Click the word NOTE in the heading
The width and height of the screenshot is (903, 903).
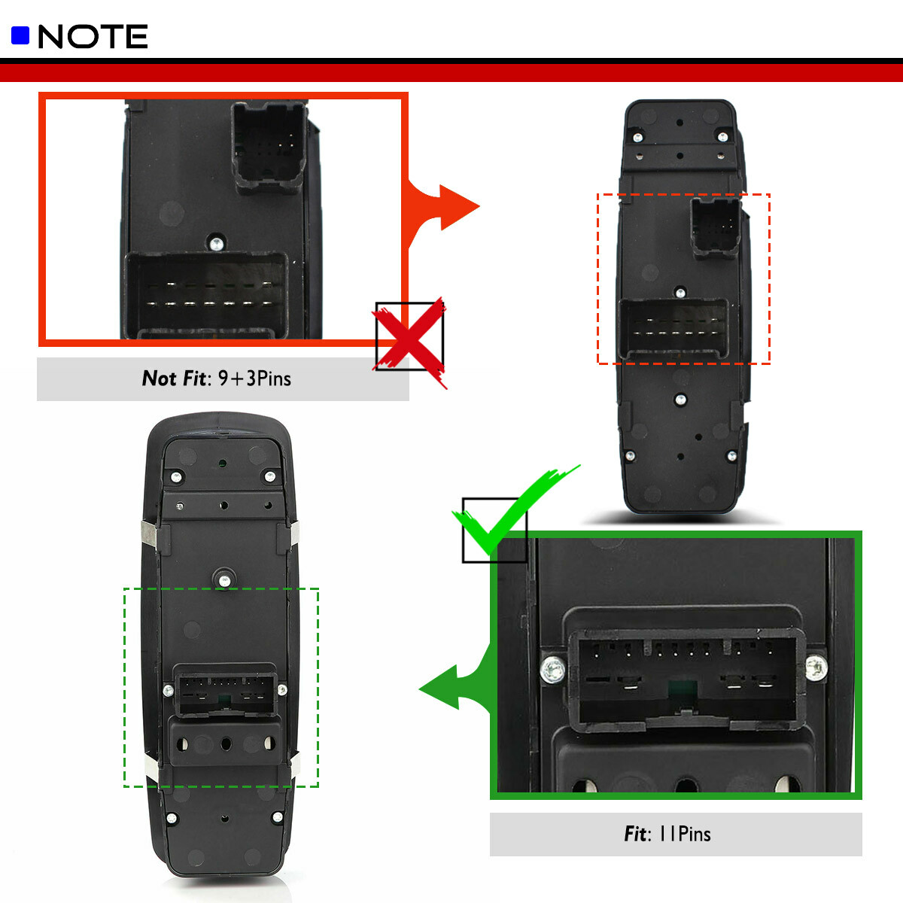[x=93, y=36]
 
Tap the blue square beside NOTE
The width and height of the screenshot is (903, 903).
[x=20, y=35]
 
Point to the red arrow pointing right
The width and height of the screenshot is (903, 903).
[x=444, y=206]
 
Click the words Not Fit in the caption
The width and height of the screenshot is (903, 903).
[x=173, y=379]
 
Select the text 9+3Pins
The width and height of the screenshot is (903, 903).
[x=254, y=379]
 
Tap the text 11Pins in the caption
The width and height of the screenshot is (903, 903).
[x=685, y=834]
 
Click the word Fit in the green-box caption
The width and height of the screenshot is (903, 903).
[x=635, y=834]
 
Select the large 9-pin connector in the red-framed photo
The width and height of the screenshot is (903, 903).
[x=205, y=296]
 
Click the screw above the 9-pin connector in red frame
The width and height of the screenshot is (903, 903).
[x=217, y=242]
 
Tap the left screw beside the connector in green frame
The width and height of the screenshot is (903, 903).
[x=553, y=669]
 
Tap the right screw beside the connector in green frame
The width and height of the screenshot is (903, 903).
[x=816, y=667]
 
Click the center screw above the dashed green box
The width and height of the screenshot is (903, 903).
[x=223, y=579]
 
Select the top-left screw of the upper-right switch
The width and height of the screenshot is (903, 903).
[x=637, y=138]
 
